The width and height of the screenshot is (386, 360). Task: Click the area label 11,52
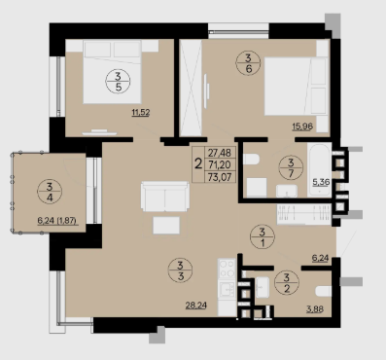pyautogui.click(x=141, y=113)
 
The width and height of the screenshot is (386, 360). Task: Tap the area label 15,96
pyautogui.click(x=302, y=126)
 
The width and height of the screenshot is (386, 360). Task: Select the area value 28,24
pyautogui.click(x=196, y=306)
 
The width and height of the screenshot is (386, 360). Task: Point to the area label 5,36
pyautogui.click(x=321, y=182)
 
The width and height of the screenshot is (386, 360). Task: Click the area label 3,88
pyautogui.click(x=315, y=309)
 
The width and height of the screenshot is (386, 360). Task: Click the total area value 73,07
pyautogui.click(x=220, y=177)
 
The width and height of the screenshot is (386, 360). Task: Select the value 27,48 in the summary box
pyautogui.click(x=220, y=153)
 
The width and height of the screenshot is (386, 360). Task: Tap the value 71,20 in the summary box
pyautogui.click(x=220, y=164)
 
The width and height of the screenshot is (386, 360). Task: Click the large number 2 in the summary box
pyautogui.click(x=198, y=164)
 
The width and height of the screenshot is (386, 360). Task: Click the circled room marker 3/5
pyautogui.click(x=118, y=82)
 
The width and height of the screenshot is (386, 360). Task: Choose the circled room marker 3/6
pyautogui.click(x=248, y=63)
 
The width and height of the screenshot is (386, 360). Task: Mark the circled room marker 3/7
pyautogui.click(x=291, y=167)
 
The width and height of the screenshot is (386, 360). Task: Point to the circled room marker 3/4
pyautogui.click(x=50, y=192)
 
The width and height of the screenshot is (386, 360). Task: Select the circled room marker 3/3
pyautogui.click(x=181, y=270)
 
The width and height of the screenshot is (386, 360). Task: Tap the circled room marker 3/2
pyautogui.click(x=287, y=283)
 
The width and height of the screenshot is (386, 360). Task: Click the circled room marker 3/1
pyautogui.click(x=263, y=236)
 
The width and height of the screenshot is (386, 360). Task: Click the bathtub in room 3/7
pyautogui.click(x=320, y=169)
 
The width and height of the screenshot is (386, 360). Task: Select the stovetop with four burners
pyautogui.click(x=227, y=269)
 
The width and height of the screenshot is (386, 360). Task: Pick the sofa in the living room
pyautogui.click(x=165, y=197)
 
